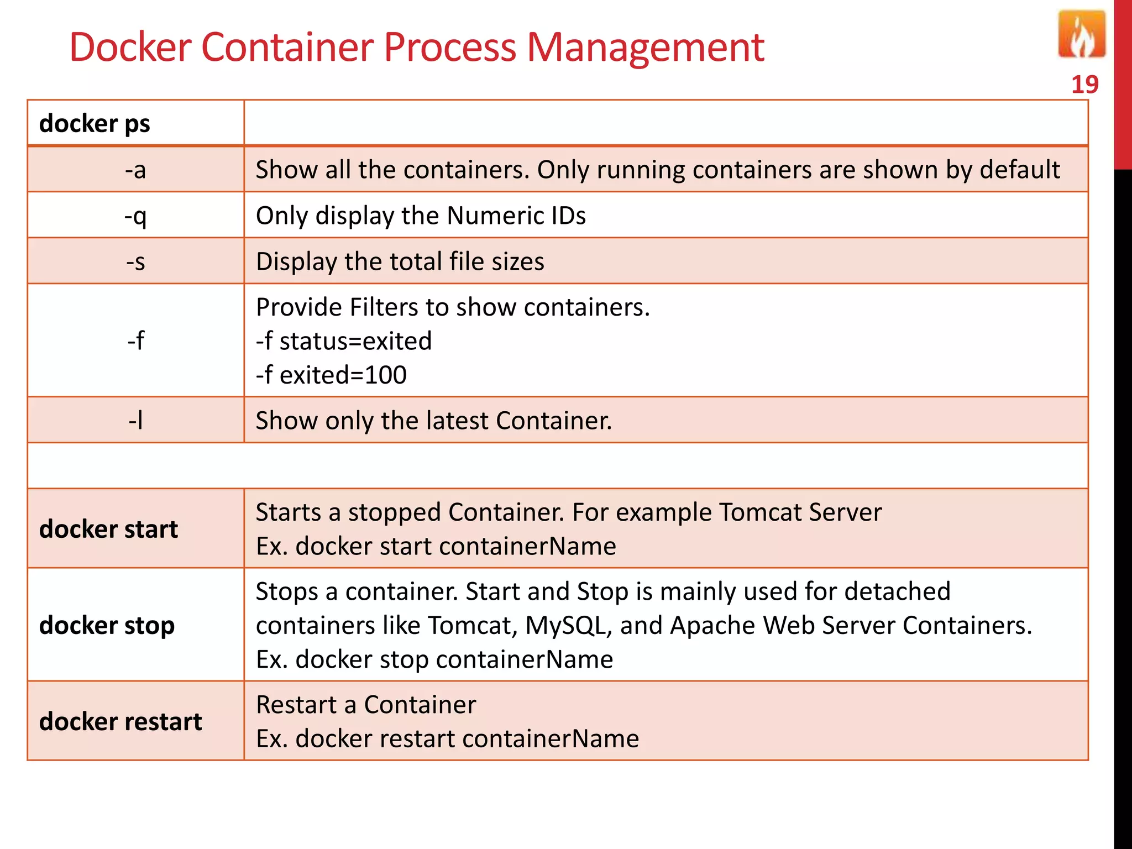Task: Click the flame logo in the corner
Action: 1081,35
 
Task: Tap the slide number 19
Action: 1084,85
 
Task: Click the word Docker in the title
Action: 129,47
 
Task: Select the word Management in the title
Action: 645,47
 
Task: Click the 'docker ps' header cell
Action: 95,123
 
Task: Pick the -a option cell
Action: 135,170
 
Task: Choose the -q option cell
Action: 135,216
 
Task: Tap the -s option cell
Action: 135,261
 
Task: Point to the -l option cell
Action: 135,421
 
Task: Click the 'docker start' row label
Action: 108,529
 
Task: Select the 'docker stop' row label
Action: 107,625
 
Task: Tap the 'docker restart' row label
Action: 120,721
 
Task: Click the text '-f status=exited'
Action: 343,341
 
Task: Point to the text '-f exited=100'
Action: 331,375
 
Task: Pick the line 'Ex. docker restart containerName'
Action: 447,738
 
